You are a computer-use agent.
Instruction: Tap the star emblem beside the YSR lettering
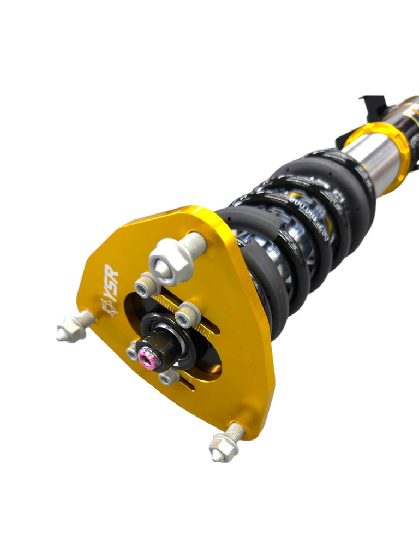click(109, 307)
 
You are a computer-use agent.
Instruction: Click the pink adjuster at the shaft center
click(146, 359)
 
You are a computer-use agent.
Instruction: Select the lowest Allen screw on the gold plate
click(169, 376)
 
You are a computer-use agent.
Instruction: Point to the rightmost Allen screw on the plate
click(188, 315)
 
